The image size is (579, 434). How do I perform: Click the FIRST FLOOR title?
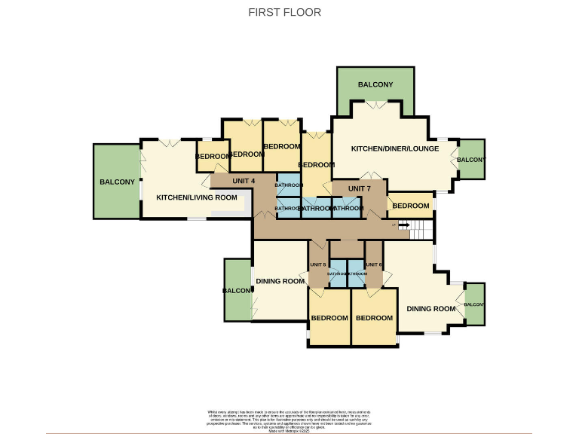(x=285, y=12)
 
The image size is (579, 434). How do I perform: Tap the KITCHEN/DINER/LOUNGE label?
(x=394, y=149)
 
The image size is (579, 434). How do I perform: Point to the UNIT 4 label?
(x=244, y=181)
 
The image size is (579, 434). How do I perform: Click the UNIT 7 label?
(x=359, y=188)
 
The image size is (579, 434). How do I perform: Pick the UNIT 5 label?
(x=317, y=264)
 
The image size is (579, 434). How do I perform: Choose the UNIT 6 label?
(x=373, y=264)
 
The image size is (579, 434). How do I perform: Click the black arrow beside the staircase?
(x=403, y=224)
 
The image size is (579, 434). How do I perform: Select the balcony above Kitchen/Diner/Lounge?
(x=375, y=84)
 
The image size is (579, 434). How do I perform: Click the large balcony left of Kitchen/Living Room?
(x=116, y=182)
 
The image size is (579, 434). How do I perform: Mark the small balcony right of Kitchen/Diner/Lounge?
(x=471, y=160)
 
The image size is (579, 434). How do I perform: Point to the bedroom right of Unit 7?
(x=411, y=206)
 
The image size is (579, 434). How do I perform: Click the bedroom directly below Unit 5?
(x=329, y=318)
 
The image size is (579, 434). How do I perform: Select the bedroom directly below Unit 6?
(x=374, y=318)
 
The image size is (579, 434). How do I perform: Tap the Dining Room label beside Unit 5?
(x=280, y=281)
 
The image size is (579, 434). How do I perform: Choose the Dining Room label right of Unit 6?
(x=431, y=309)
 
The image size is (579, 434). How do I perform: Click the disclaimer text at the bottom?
(x=289, y=419)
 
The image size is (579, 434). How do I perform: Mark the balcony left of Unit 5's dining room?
(x=237, y=290)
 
